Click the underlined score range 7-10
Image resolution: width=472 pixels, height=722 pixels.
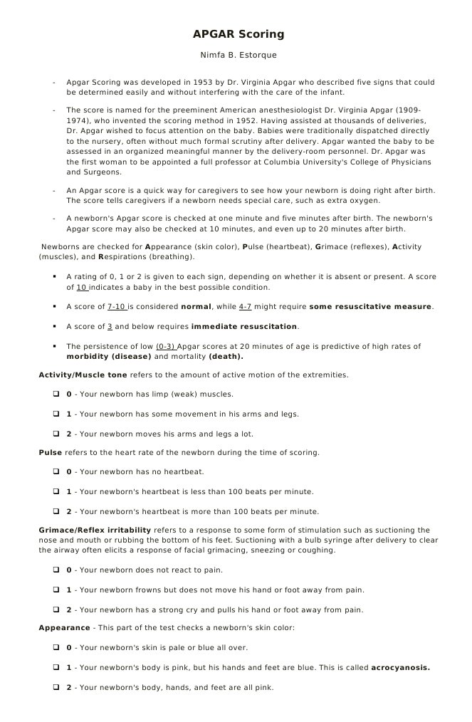point(116,307)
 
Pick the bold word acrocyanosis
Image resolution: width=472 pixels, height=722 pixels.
point(400,668)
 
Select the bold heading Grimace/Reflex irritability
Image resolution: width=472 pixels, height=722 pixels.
point(95,530)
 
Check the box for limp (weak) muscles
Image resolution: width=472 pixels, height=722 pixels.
point(56,394)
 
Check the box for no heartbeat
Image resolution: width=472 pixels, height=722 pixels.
point(56,472)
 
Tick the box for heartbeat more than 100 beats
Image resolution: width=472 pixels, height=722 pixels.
point(56,512)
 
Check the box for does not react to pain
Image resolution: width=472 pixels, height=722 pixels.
point(56,570)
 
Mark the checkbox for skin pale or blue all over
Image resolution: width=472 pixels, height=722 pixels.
point(56,648)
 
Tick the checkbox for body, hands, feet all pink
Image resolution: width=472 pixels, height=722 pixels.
point(56,688)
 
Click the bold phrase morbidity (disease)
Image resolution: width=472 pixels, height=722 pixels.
point(109,357)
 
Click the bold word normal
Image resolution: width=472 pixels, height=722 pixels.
point(196,307)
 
